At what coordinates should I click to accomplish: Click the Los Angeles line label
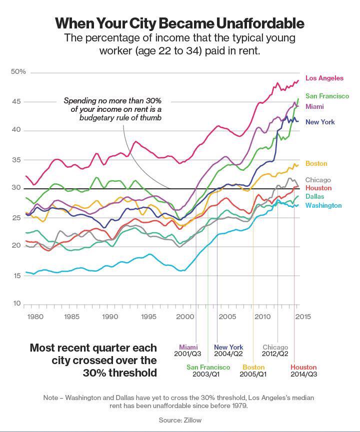[324, 78]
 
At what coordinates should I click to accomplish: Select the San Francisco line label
[327, 96]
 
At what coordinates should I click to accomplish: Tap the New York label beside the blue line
[320, 122]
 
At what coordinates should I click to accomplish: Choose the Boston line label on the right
[316, 164]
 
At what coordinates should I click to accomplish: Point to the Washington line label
[323, 205]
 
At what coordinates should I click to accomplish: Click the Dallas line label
[314, 197]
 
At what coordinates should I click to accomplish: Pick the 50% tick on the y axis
[18, 72]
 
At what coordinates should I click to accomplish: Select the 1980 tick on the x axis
[35, 317]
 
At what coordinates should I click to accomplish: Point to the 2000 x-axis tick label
[185, 317]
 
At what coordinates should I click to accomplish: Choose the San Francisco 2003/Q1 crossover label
[208, 371]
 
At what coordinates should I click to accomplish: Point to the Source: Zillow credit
[180, 420]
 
